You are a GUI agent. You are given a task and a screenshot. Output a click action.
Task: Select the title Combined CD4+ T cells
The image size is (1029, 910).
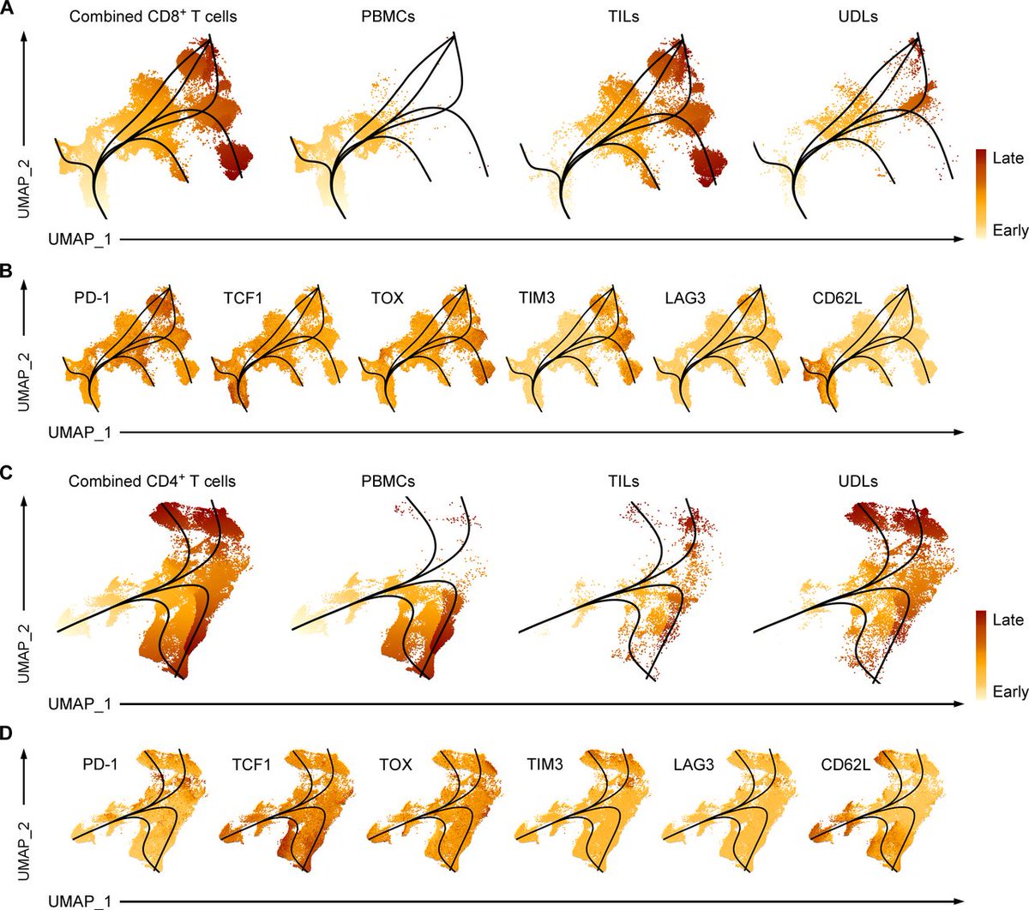point(152,481)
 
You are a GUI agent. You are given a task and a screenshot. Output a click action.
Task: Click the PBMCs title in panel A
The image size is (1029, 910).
point(388,16)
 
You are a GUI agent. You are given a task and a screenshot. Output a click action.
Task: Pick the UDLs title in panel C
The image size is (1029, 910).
point(857,481)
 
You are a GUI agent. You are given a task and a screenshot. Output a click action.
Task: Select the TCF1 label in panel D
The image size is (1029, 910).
point(251,763)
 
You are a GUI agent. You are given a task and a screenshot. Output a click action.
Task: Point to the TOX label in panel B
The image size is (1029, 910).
point(388,298)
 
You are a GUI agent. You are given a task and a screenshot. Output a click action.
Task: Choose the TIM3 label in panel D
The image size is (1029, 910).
point(545,763)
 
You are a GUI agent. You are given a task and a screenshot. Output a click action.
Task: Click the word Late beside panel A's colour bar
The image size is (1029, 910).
point(1008,158)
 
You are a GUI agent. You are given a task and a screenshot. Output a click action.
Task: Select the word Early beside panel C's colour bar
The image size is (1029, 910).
point(1010,691)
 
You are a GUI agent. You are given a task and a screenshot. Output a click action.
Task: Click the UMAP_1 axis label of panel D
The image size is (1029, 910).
point(80,901)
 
